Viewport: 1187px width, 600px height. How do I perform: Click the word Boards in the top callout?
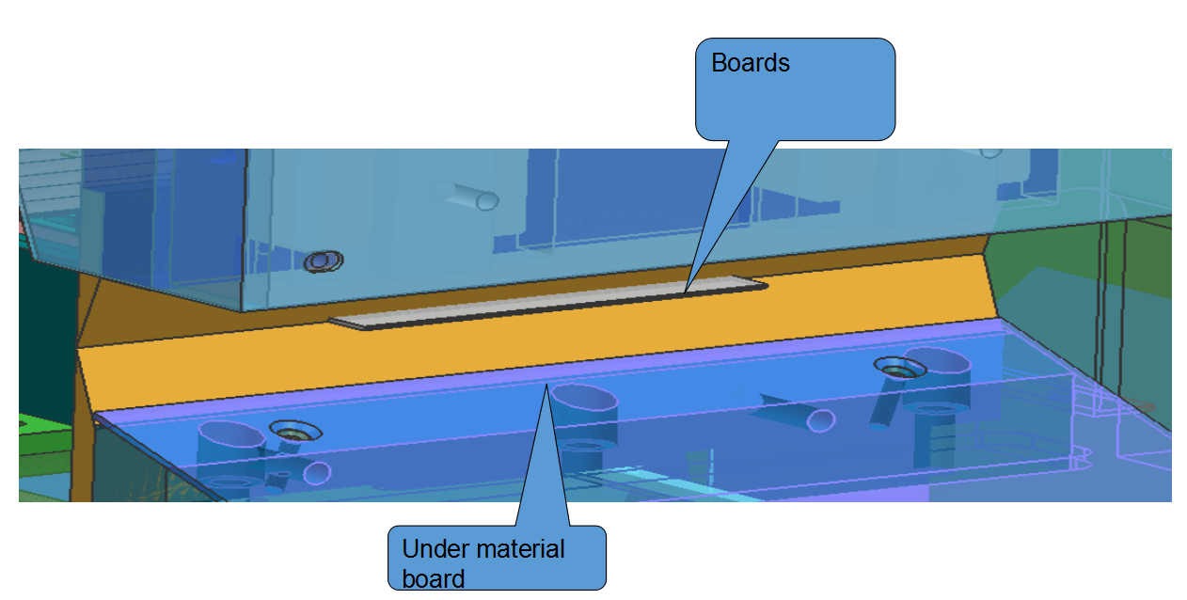tap(750, 63)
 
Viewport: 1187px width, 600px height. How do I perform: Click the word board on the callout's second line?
tap(433, 576)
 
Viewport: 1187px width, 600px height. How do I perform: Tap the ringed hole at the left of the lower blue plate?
tap(296, 432)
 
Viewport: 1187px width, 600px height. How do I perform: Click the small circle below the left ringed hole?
tap(317, 471)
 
